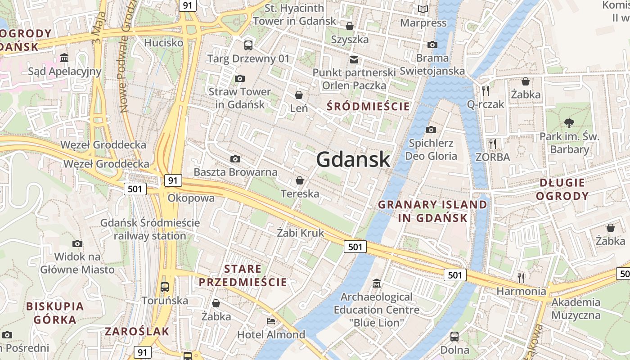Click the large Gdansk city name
pos(353,159)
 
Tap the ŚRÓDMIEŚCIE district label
pos(368,107)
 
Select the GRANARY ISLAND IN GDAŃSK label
pos(432,211)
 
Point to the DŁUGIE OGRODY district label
pos(562,189)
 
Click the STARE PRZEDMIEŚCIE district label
pos(243,275)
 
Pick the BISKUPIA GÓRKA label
pos(55,313)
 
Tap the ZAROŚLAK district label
pos(137,332)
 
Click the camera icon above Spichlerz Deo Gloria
pos(431,130)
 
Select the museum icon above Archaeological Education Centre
pos(376,283)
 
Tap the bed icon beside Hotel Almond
pos(271,321)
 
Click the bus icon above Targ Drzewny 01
pos(248,45)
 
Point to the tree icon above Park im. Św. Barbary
pos(569,122)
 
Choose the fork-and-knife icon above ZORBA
pos(493,144)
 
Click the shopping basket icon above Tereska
pos(299,180)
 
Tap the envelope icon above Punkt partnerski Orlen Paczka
pos(354,59)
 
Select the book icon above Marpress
pos(423,9)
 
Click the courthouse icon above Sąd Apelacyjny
pos(64,58)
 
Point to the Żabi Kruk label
pos(300,233)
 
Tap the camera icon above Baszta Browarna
pos(235,159)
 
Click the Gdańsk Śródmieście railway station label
pos(150,229)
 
